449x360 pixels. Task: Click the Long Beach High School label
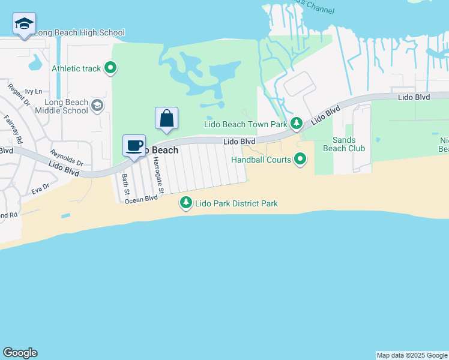pos(79,33)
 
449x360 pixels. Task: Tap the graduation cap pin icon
pos(24,24)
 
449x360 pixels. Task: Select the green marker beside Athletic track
pos(110,68)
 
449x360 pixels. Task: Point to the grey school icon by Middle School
pos(97,106)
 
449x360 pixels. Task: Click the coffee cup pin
pos(134,146)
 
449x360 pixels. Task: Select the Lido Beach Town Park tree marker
pos(296,124)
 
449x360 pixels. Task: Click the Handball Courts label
pos(261,160)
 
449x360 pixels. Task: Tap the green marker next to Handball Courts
pos(301,160)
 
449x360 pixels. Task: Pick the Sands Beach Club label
pos(344,144)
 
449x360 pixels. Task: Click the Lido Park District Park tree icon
pos(186,203)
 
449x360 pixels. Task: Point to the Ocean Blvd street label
pos(140,199)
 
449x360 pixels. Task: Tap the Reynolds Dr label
pos(66,157)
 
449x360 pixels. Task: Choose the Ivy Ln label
pos(33,91)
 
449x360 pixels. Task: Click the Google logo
pos(20,353)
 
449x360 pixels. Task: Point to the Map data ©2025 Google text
pos(411,355)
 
